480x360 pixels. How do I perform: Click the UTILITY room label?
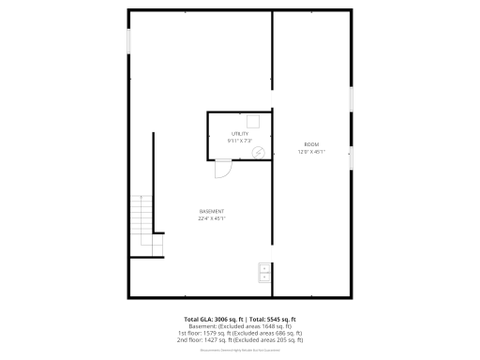point(240,134)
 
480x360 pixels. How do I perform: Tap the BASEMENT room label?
point(211,211)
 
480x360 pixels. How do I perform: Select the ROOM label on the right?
point(311,144)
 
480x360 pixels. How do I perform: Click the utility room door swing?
point(223,169)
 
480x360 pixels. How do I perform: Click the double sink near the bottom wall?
point(263,273)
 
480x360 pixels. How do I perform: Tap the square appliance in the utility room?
point(252,120)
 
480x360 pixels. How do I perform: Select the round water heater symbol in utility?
point(258,152)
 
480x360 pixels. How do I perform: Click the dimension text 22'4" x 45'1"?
point(211,218)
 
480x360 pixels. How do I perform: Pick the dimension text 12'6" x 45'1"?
point(311,152)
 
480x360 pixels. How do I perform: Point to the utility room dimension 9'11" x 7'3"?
point(240,142)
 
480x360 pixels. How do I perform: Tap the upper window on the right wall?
point(352,98)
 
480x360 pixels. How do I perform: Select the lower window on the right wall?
point(352,159)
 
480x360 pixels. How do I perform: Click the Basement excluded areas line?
point(240,325)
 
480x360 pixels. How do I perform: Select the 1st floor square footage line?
point(240,332)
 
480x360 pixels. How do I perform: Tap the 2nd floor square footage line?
point(240,338)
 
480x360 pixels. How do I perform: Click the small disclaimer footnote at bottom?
point(240,350)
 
